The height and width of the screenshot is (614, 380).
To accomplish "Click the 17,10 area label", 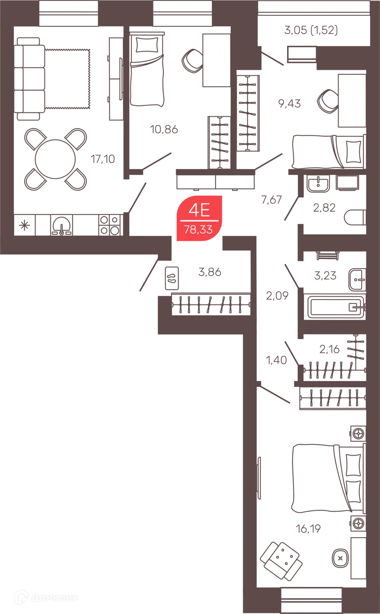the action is coord(102,159).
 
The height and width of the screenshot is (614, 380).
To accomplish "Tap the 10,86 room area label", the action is coord(164,129).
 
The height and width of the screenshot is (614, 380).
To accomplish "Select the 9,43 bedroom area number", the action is coord(289,104).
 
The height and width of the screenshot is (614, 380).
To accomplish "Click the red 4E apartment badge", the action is coord(199,218).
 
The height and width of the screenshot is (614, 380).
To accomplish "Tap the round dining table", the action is coord(55,159).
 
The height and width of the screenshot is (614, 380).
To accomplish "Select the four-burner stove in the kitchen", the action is coord(110,225).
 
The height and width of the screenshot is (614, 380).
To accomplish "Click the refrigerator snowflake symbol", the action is coord(25,225).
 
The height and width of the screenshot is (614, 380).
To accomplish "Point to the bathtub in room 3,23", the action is coord(336,307).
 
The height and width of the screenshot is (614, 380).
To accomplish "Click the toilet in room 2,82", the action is coord(355,217).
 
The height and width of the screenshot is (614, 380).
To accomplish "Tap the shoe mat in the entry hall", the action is coord(172,278).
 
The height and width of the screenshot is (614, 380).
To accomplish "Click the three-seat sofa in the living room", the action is coord(29,79).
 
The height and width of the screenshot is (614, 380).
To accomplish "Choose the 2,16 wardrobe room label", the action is coord(329,349).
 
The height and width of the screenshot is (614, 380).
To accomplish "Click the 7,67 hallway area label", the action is coord(271,200).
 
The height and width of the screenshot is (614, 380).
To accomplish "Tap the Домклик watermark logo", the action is coord(46,597).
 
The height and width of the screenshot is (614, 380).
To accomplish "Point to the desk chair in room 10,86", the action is coord(192,61).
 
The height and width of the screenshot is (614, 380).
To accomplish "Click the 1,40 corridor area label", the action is coord(276,360).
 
